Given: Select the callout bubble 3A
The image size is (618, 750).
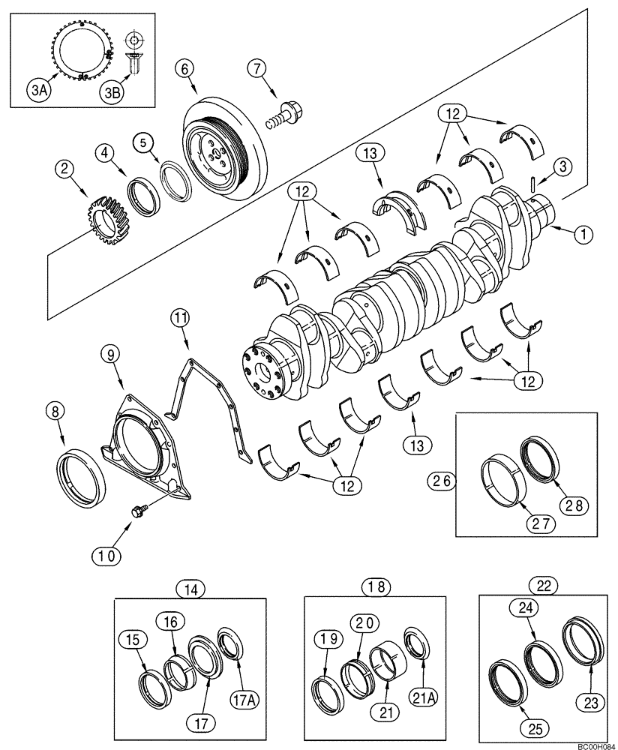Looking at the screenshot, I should tap(38, 91).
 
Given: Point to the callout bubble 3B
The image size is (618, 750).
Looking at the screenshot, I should tap(112, 91).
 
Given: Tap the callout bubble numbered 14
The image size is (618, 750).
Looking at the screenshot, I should tap(191, 589).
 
